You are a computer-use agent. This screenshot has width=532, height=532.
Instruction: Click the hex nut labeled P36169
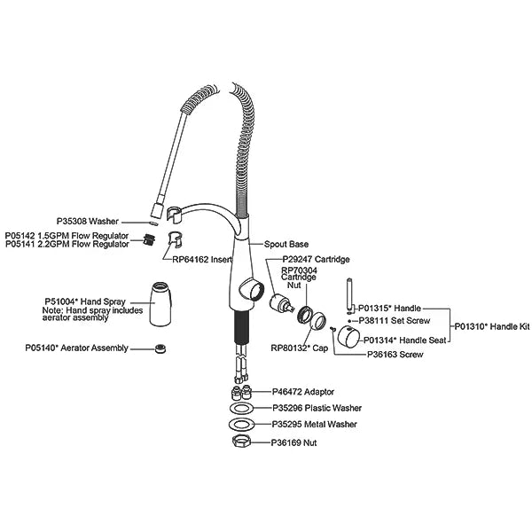(241, 442)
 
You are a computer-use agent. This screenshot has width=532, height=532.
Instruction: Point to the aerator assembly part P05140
(160, 348)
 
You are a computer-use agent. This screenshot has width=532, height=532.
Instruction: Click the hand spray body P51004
(160, 304)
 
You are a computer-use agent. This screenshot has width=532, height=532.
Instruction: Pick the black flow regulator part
(149, 240)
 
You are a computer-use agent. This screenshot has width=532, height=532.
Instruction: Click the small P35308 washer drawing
(153, 223)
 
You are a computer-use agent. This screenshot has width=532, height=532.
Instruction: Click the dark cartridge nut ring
(305, 315)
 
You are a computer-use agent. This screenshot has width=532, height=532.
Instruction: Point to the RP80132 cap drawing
(318, 321)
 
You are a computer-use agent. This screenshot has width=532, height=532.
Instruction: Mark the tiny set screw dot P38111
(349, 321)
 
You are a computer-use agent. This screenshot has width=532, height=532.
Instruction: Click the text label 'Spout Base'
(286, 245)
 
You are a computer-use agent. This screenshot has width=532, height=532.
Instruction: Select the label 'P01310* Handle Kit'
(492, 326)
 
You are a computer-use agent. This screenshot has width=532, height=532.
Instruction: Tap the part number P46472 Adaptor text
(303, 392)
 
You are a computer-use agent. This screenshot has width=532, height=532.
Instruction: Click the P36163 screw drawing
(332, 328)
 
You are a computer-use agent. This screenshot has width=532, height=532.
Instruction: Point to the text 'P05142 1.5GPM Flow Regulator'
(66, 236)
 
